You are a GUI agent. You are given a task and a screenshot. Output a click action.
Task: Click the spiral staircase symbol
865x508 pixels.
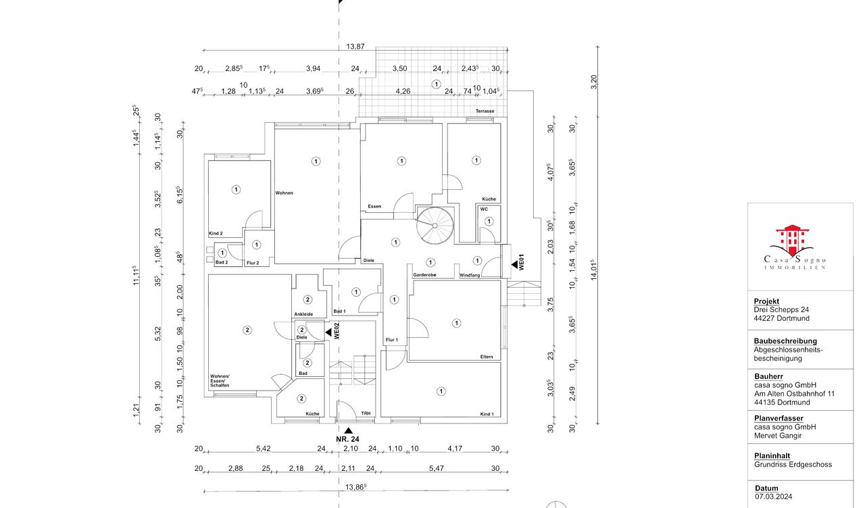coord(435,226)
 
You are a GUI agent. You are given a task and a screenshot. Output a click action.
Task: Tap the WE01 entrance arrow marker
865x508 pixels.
coord(515,264)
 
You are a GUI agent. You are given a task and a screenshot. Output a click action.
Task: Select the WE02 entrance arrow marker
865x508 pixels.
coord(328,332)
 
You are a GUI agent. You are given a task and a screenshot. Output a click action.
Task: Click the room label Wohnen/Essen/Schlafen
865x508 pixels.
coord(220,380)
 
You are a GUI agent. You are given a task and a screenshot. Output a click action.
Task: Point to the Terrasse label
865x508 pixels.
coord(485,111)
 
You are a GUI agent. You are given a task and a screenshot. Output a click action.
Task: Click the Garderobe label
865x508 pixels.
coord(425,275)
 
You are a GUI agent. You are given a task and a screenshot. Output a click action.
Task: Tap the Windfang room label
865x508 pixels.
coord(470,275)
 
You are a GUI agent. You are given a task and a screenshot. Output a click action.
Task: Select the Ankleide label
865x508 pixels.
coord(303,314)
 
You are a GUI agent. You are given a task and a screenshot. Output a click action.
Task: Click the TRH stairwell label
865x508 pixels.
coord(366,413)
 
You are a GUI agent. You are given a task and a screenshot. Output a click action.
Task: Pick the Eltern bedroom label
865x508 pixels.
coord(487,357)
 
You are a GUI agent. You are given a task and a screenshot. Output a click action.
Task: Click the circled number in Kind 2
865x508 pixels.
coord(236,190)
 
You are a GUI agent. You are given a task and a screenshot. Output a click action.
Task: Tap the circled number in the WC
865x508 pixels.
coord(489,221)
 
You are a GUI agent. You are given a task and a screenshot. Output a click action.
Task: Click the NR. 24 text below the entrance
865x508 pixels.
coord(347,439)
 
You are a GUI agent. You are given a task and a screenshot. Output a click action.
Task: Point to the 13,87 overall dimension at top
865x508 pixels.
coord(355,47)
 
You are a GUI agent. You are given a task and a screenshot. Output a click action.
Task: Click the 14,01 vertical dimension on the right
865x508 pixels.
coord(594,270)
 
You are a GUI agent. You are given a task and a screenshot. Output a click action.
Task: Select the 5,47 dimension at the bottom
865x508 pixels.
coord(437,468)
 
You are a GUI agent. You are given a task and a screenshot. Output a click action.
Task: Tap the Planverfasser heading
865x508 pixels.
coord(778,418)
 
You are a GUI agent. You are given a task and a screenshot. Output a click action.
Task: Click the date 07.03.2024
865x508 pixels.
coord(774,497)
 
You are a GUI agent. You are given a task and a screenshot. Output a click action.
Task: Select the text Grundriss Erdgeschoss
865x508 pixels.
coord(793,464)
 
